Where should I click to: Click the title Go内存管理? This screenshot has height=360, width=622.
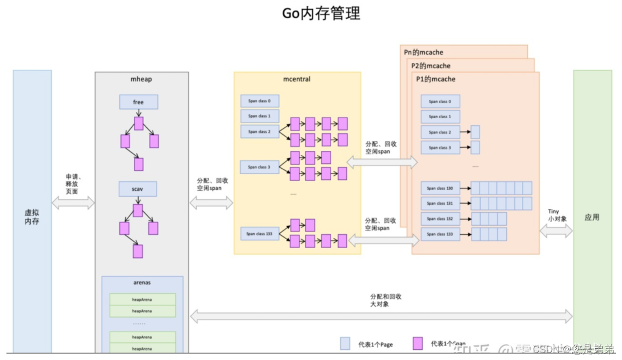321,13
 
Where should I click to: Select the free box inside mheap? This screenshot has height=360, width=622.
139,102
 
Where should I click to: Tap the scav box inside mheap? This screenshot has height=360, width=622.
138,189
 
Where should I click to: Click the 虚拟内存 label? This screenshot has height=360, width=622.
32,217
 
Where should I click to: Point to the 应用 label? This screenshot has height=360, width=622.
592,218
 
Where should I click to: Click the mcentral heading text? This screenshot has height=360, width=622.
297,80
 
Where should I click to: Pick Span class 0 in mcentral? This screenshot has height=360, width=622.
260,100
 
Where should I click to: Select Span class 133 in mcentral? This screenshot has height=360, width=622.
260,234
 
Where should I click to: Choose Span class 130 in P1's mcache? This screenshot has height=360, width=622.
440,188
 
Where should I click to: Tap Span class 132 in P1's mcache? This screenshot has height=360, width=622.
440,219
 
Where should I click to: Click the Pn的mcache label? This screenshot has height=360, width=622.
424,52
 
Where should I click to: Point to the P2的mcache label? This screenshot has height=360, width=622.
431,66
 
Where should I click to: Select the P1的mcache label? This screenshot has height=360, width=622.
435,79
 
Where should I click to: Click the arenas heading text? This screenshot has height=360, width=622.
142,282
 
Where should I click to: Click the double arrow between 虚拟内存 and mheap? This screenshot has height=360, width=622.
73,203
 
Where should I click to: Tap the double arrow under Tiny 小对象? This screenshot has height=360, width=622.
556,231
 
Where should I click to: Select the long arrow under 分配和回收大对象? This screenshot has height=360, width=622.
382,316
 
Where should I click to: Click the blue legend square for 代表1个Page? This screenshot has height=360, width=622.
345,343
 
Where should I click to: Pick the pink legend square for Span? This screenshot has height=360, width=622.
418,343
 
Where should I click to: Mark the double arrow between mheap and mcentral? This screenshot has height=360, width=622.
211,203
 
